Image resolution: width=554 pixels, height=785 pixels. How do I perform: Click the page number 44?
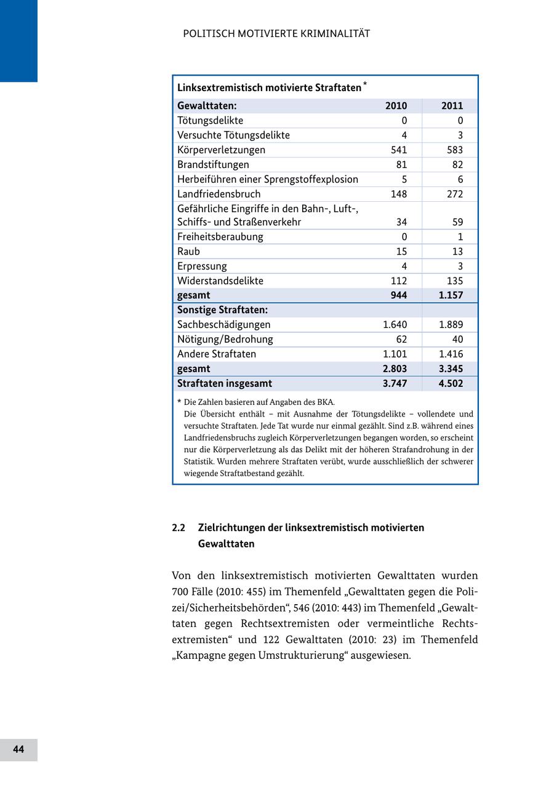(18, 749)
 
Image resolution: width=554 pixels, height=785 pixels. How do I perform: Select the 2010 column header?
(396, 106)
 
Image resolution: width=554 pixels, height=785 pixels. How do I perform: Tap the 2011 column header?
(452, 106)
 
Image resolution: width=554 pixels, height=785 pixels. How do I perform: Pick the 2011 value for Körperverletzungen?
(452, 150)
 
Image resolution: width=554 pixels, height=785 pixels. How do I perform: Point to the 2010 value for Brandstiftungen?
(401, 165)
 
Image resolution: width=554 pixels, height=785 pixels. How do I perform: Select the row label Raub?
(188, 252)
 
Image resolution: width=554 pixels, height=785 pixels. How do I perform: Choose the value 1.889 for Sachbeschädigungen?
(451, 325)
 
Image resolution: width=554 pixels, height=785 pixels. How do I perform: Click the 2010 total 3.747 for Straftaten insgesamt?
(395, 384)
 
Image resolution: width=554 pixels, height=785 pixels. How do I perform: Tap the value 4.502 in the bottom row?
(451, 384)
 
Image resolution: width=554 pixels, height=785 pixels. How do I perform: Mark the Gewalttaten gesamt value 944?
(398, 295)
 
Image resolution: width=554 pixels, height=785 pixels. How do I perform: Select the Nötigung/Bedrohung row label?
(225, 340)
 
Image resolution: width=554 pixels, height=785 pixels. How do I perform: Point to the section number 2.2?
(179, 528)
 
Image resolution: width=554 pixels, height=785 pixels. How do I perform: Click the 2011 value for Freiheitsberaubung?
(460, 237)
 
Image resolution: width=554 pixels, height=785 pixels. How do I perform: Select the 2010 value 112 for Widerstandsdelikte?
(398, 281)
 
